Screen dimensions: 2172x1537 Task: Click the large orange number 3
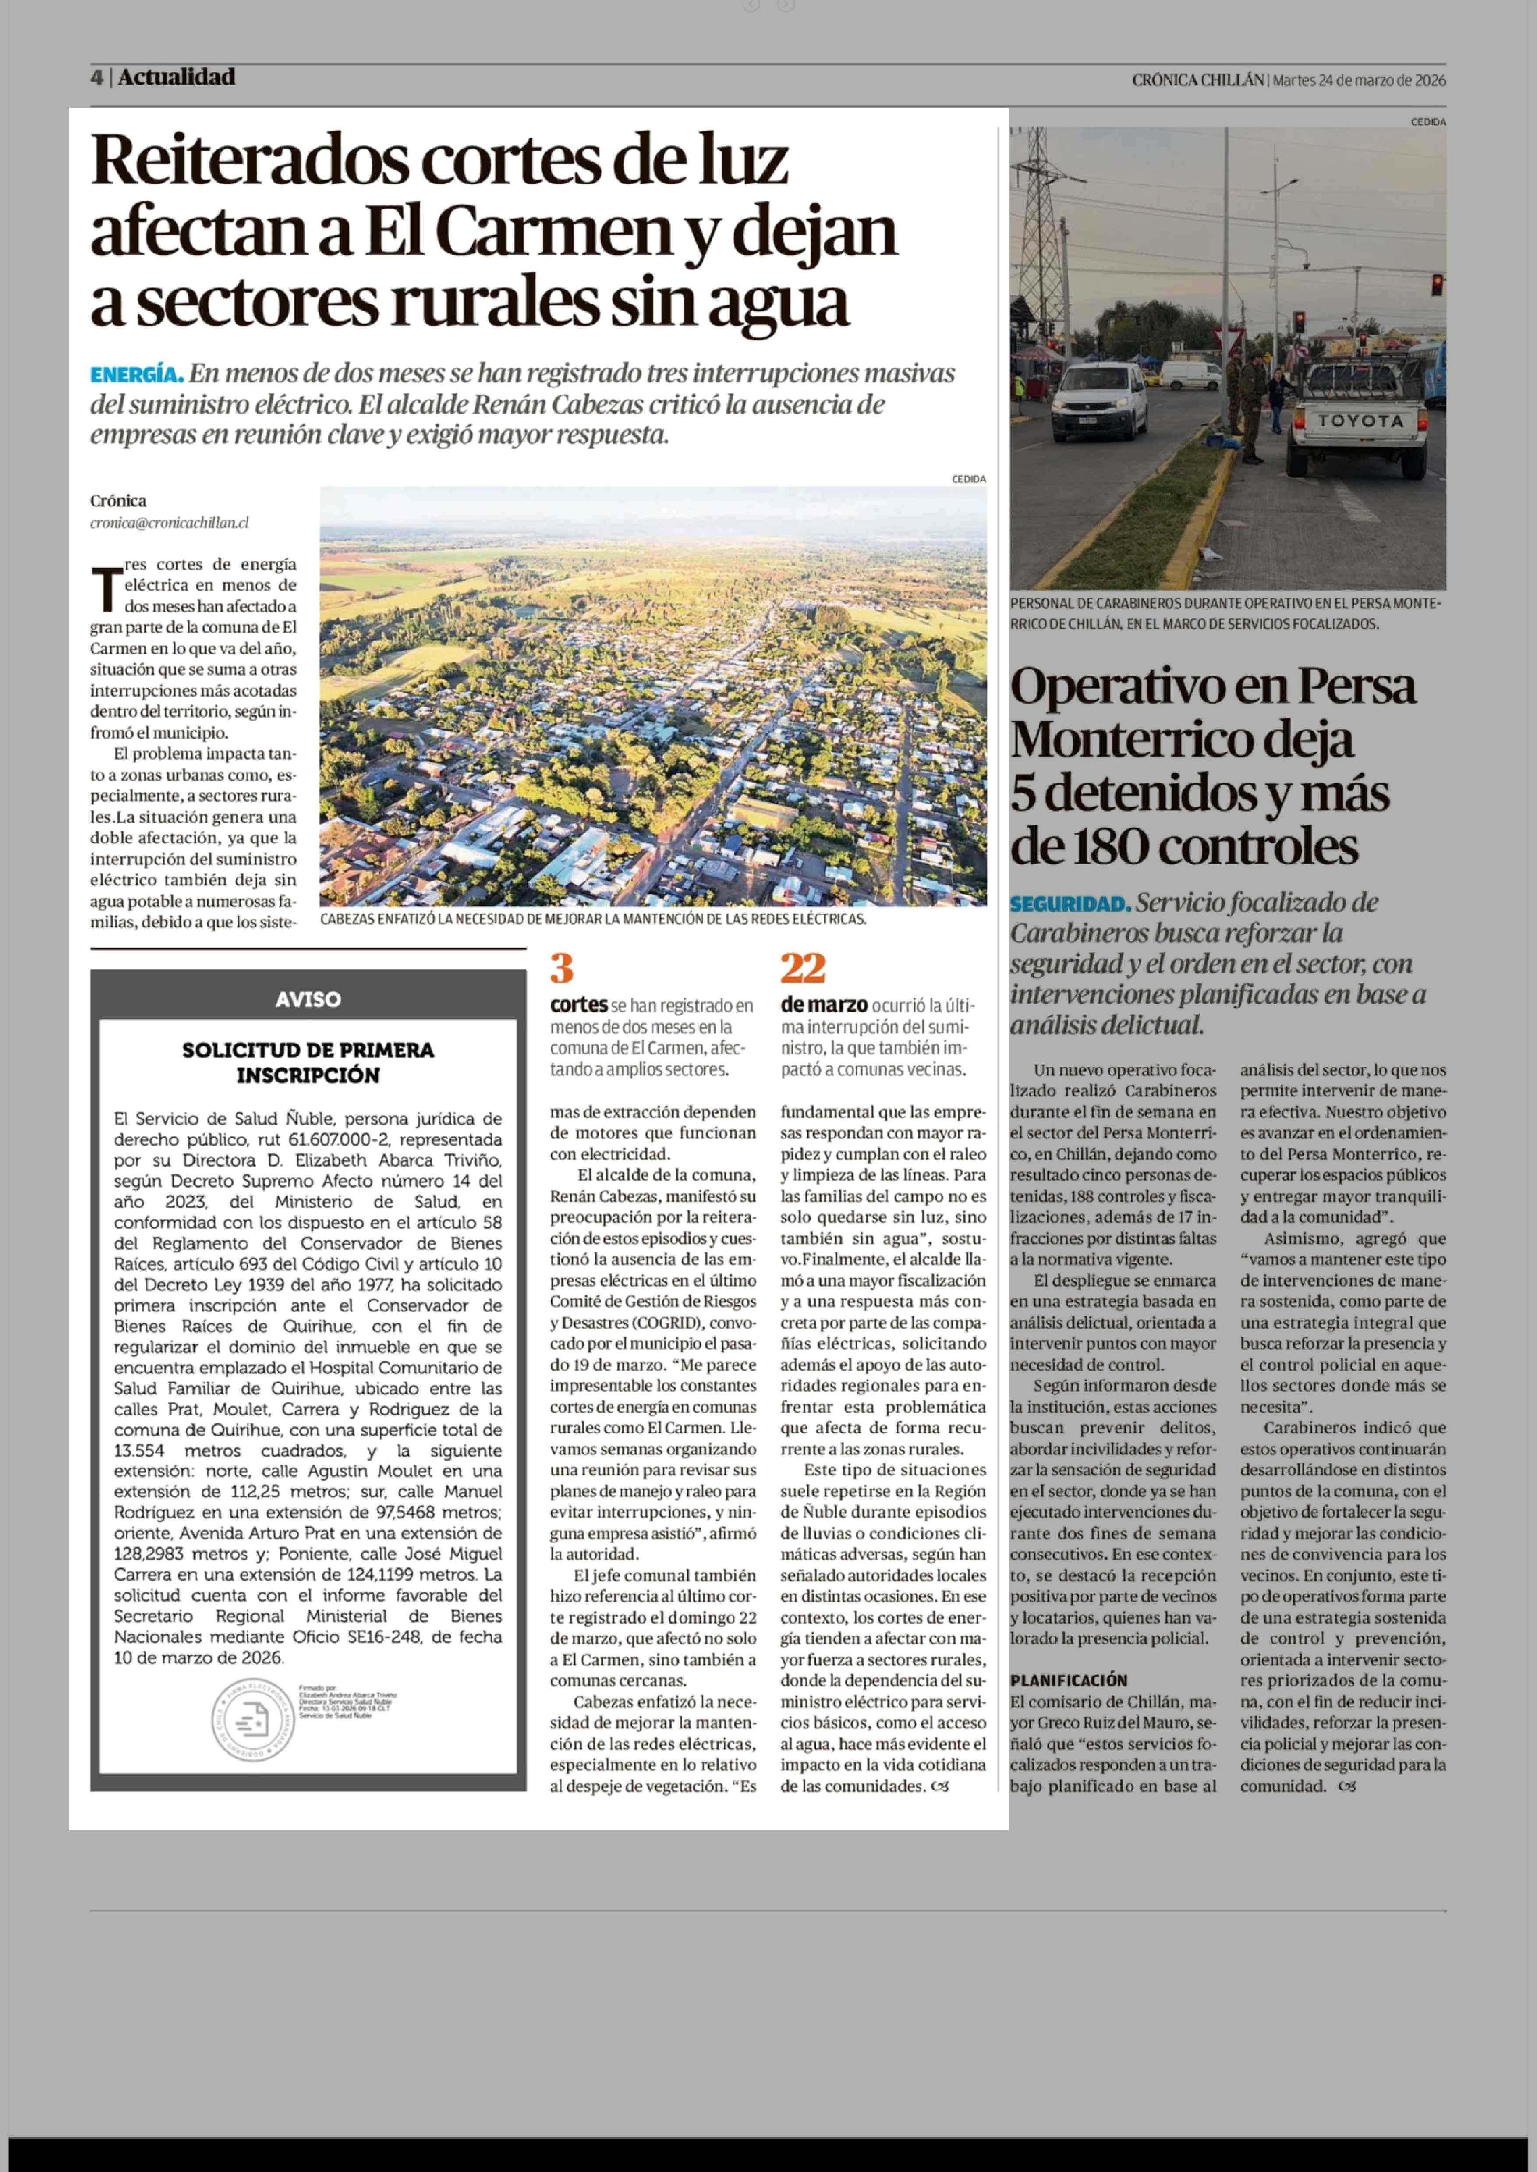coord(562,968)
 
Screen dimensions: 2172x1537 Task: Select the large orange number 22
coord(803,968)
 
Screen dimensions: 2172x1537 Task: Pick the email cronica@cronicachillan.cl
coord(170,523)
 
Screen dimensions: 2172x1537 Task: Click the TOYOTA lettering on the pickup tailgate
coord(1360,421)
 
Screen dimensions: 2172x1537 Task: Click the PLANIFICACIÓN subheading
coord(1069,1680)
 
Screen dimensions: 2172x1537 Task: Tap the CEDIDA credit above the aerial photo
coord(968,479)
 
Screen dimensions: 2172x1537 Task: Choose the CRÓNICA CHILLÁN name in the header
coord(1197,81)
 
